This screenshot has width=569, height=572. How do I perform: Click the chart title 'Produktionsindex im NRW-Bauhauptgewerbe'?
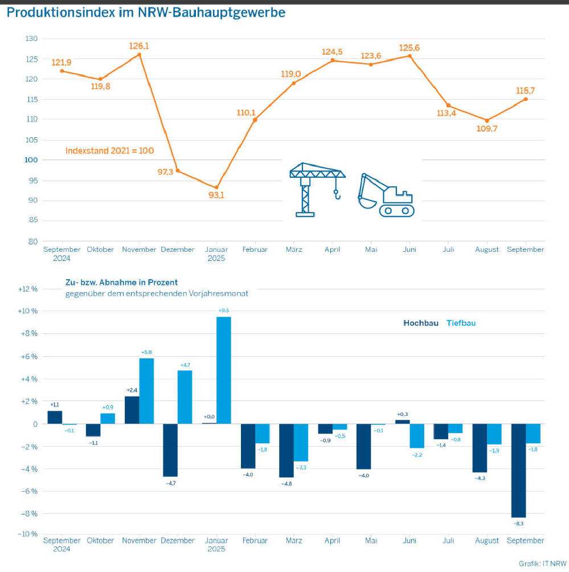146,12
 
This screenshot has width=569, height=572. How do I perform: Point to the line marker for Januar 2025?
216,187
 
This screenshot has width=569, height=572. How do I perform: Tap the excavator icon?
386,195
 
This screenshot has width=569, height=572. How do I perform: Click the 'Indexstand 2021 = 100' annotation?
110,152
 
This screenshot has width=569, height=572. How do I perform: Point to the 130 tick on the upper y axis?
31,39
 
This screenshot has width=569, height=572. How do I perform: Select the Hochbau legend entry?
420,323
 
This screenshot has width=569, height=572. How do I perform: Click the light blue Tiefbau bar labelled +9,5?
223,370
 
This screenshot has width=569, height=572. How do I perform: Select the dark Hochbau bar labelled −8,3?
518,470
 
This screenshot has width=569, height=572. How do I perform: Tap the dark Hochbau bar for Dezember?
170,450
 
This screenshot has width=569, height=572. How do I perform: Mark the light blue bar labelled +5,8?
146,391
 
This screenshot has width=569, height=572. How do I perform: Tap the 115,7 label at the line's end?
525,91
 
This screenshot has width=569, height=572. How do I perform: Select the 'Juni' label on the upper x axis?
409,250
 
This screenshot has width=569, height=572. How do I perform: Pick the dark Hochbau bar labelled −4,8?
286,451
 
